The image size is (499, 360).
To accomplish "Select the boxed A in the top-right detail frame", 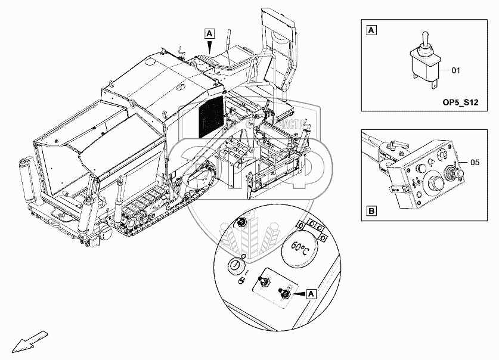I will pyautogui.click(x=371, y=29).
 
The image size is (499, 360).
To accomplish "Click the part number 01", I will pyautogui.click(x=456, y=71).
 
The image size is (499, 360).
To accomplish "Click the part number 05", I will pyautogui.click(x=474, y=161).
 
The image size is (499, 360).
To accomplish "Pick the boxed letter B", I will pyautogui.click(x=371, y=211).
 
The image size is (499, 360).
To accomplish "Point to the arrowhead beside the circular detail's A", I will pyautogui.click(x=298, y=293).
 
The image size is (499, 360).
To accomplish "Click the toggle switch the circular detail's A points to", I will pyautogui.click(x=285, y=293).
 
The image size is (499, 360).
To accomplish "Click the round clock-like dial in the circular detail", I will pyautogui.click(x=237, y=265).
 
